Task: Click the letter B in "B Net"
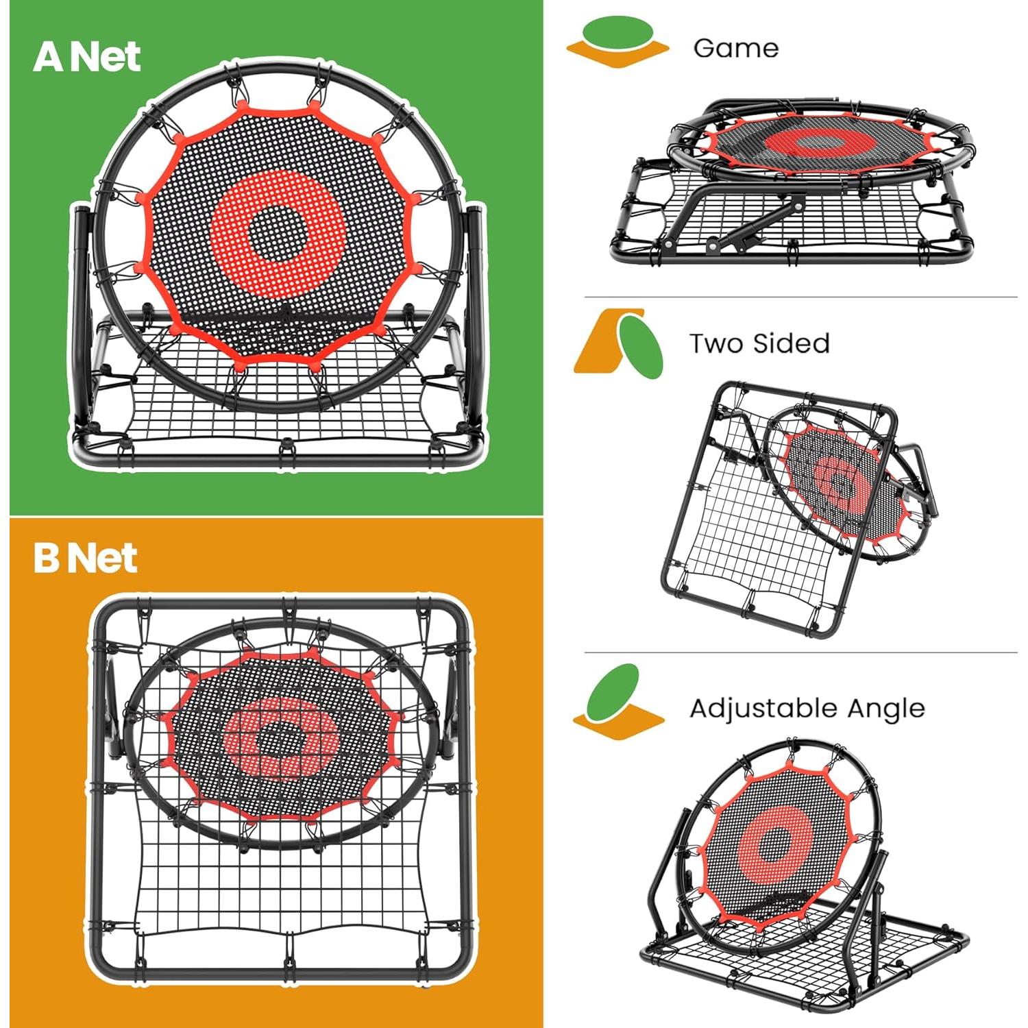point(47,558)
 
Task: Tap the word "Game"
point(735,49)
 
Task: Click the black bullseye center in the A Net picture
point(278,233)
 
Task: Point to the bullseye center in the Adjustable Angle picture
point(775,844)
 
